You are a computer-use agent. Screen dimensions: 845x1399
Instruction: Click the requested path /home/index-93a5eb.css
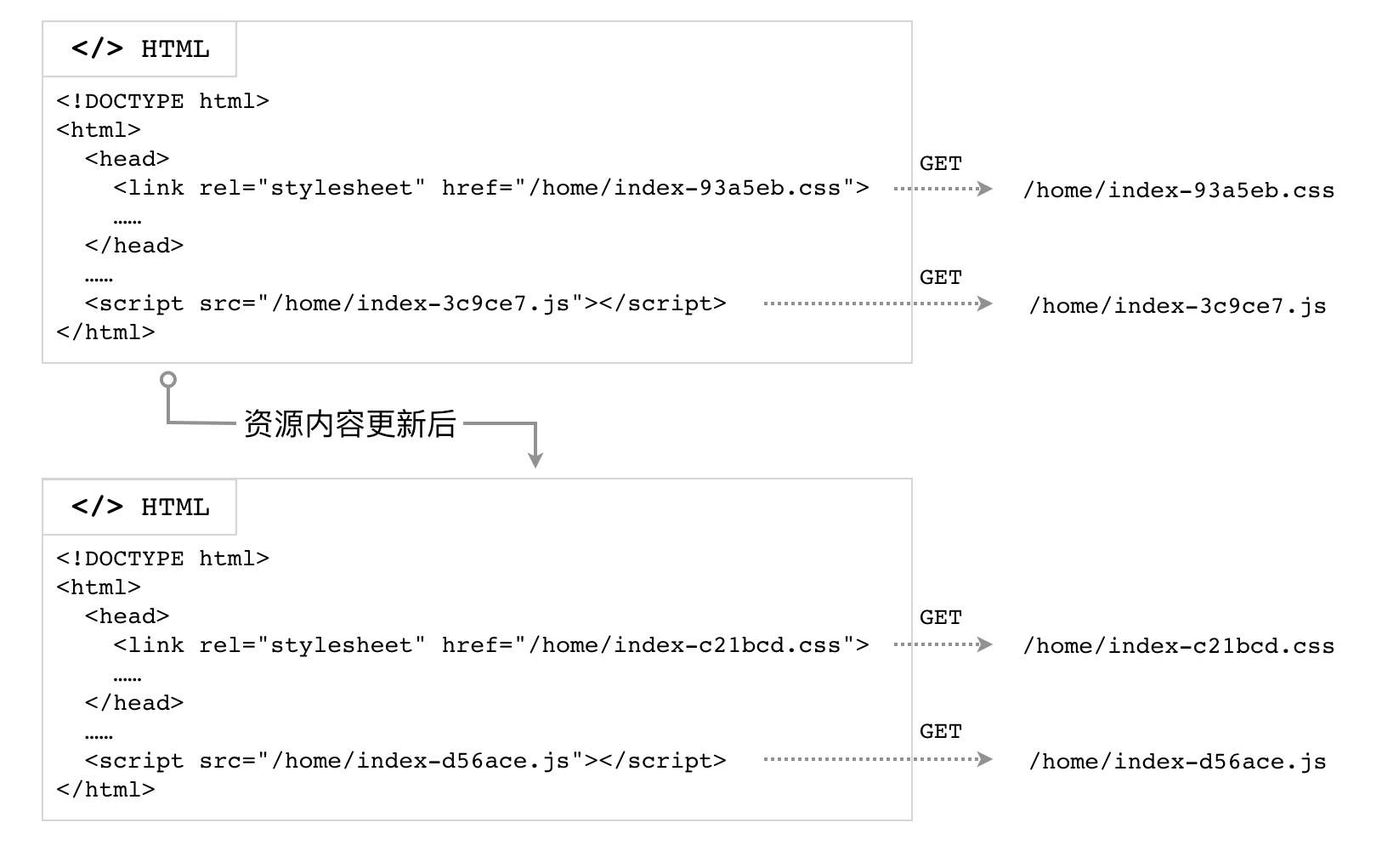[1178, 190]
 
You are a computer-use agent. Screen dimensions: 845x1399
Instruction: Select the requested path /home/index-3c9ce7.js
[1177, 305]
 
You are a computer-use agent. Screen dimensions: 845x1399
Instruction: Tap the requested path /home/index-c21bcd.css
[1178, 645]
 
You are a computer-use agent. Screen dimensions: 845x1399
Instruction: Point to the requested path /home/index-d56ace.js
[1177, 761]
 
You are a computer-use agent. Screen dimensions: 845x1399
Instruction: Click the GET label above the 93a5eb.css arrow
[940, 163]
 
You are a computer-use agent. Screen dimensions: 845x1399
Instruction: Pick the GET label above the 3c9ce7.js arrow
[940, 277]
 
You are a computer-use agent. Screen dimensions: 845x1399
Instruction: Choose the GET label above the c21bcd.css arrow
[940, 617]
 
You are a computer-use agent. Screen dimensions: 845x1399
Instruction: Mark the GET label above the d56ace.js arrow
[940, 731]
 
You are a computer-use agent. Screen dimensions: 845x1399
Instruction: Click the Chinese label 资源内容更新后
[350, 423]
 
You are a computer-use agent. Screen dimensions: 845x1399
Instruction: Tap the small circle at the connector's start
[168, 379]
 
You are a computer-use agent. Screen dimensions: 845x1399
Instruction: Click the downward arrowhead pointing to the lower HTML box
[535, 459]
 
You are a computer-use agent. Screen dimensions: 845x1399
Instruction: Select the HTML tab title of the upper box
[140, 49]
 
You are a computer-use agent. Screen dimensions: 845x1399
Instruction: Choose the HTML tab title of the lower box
[140, 507]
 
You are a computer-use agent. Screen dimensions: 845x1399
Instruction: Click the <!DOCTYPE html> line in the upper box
[162, 101]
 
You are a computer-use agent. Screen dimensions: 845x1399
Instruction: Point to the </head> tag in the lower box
[134, 703]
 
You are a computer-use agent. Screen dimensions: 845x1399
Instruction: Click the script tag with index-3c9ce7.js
[405, 303]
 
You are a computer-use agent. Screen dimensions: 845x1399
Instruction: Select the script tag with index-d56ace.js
[405, 761]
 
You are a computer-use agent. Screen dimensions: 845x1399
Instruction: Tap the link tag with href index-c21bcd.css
[490, 645]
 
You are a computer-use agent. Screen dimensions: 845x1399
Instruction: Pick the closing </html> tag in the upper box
[105, 332]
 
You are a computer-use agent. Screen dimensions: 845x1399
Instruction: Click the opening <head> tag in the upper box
[127, 159]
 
